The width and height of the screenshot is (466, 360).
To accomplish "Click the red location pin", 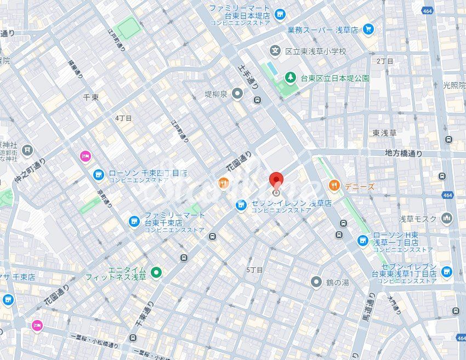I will [x=276, y=181].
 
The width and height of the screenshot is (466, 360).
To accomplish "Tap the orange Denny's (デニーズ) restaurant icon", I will [x=334, y=186].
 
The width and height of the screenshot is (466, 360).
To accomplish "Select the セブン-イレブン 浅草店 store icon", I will [x=241, y=204].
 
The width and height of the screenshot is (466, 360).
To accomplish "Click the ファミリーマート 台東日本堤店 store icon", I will [x=280, y=14].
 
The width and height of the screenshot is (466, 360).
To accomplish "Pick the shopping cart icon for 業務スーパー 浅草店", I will [x=368, y=29].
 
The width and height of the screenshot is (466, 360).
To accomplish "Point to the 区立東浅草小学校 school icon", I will [x=275, y=51].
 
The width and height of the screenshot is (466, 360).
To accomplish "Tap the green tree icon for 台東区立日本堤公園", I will [x=290, y=78].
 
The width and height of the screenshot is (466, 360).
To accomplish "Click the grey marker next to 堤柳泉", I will [x=237, y=94].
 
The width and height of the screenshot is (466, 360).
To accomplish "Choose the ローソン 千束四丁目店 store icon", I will [x=99, y=175].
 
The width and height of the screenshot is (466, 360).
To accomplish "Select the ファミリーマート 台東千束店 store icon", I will [x=134, y=221].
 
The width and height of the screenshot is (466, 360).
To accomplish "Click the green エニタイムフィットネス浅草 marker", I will [x=156, y=272].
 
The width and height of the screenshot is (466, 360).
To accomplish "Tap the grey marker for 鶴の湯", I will [x=316, y=282].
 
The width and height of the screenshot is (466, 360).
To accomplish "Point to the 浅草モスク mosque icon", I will [x=447, y=219].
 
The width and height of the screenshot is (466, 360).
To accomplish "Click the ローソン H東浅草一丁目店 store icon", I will [x=362, y=240].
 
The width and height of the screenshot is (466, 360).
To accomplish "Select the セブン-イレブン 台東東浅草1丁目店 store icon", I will [x=447, y=271].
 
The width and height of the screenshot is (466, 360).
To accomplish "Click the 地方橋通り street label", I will [x=404, y=154].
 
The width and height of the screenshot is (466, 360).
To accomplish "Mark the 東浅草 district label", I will [x=384, y=133].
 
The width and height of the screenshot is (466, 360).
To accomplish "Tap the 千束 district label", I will [x=90, y=97].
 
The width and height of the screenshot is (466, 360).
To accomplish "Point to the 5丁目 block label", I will [x=254, y=270].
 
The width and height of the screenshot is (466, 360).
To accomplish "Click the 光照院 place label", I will [x=454, y=85].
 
